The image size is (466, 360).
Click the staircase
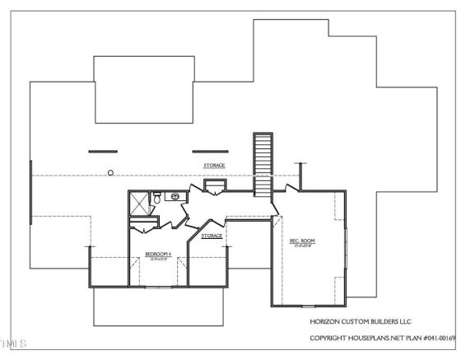tap(263, 164)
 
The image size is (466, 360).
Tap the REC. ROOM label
tap(302, 241)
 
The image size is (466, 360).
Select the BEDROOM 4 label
tap(157, 254)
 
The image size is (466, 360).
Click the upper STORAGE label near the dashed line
tap(214, 166)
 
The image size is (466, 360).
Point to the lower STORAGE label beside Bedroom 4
tap(212, 236)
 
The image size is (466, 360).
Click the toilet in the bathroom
tap(175, 196)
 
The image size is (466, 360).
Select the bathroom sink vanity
tap(175, 198)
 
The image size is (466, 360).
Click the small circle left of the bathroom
tap(110, 172)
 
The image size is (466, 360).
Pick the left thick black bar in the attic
tap(103, 151)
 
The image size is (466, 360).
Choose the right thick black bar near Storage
tap(207, 151)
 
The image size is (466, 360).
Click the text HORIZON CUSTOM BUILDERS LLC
tap(354, 321)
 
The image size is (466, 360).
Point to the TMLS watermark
tap(14, 342)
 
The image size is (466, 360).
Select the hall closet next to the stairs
tap(214, 189)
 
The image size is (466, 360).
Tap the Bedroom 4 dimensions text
tap(157, 259)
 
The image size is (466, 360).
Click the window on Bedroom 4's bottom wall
tap(156, 286)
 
